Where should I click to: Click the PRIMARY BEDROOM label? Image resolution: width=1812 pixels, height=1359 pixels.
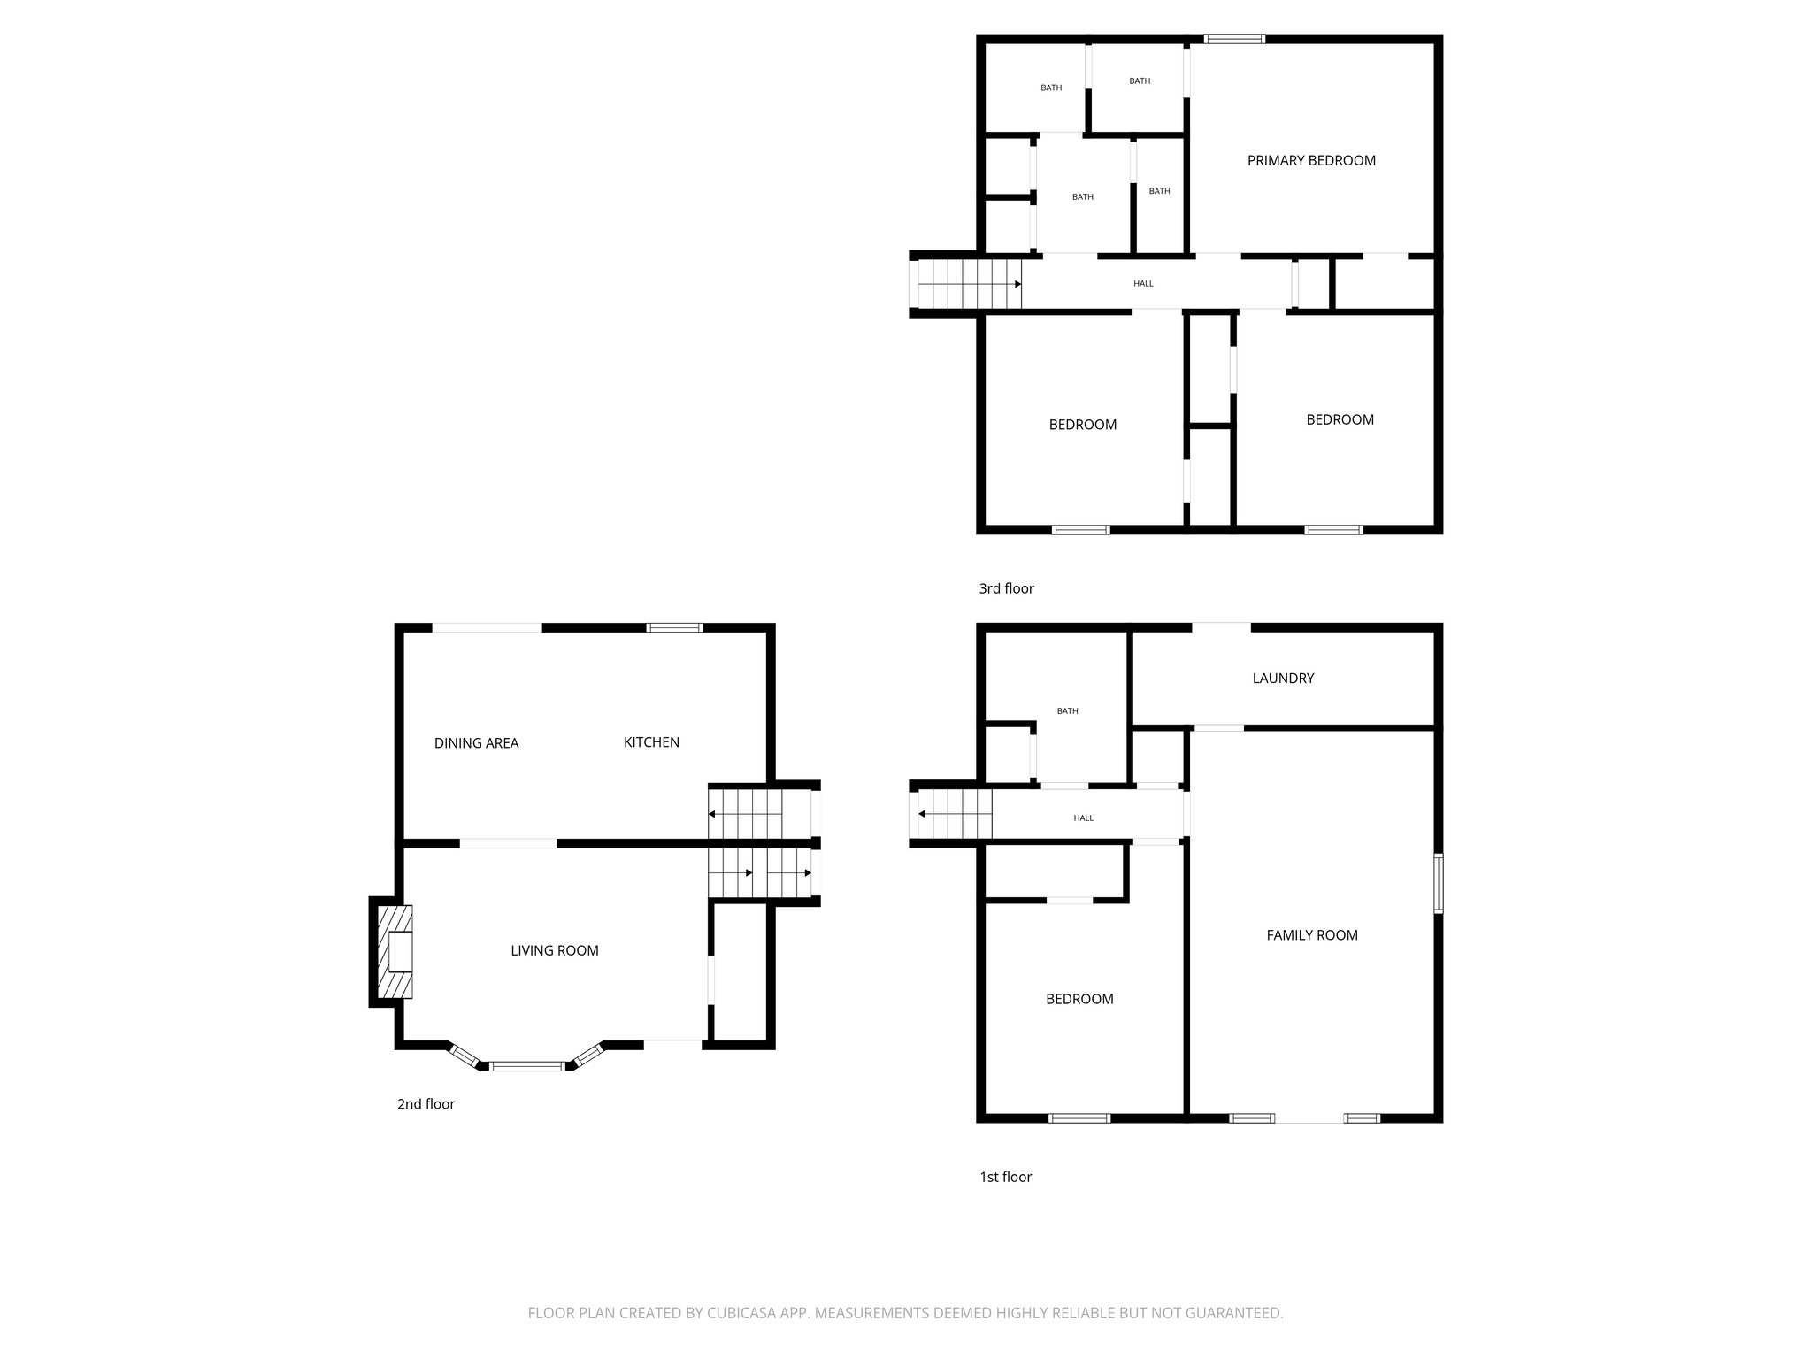[1311, 161]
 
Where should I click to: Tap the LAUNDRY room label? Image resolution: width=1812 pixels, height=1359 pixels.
[1283, 679]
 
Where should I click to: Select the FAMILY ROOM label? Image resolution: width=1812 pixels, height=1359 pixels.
[1312, 935]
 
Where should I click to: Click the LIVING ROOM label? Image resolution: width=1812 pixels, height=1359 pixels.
[555, 951]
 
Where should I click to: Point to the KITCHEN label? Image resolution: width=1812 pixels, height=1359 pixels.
[651, 742]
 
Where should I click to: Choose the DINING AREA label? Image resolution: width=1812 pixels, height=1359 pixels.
[476, 743]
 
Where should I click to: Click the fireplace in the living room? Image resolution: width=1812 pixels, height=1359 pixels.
[395, 951]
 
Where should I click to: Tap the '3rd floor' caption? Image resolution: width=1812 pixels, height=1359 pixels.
[1006, 588]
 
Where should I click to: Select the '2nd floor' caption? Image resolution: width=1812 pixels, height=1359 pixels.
[426, 1104]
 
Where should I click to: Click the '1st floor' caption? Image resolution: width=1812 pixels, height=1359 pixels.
[1005, 1177]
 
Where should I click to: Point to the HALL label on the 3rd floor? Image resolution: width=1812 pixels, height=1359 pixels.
[1143, 284]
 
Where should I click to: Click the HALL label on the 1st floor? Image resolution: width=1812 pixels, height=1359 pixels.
[1083, 818]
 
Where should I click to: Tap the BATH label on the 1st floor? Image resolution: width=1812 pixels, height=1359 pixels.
[1067, 711]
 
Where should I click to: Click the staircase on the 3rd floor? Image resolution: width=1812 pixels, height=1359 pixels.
[970, 284]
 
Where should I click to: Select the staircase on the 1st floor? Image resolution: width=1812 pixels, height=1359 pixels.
[955, 814]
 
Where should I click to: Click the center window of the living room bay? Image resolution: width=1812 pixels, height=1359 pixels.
[527, 1066]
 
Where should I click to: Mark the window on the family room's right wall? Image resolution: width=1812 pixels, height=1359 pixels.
[1439, 882]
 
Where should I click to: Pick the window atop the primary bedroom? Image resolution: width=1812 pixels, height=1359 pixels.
[1235, 39]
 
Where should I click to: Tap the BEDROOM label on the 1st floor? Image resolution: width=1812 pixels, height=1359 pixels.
[1079, 999]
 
